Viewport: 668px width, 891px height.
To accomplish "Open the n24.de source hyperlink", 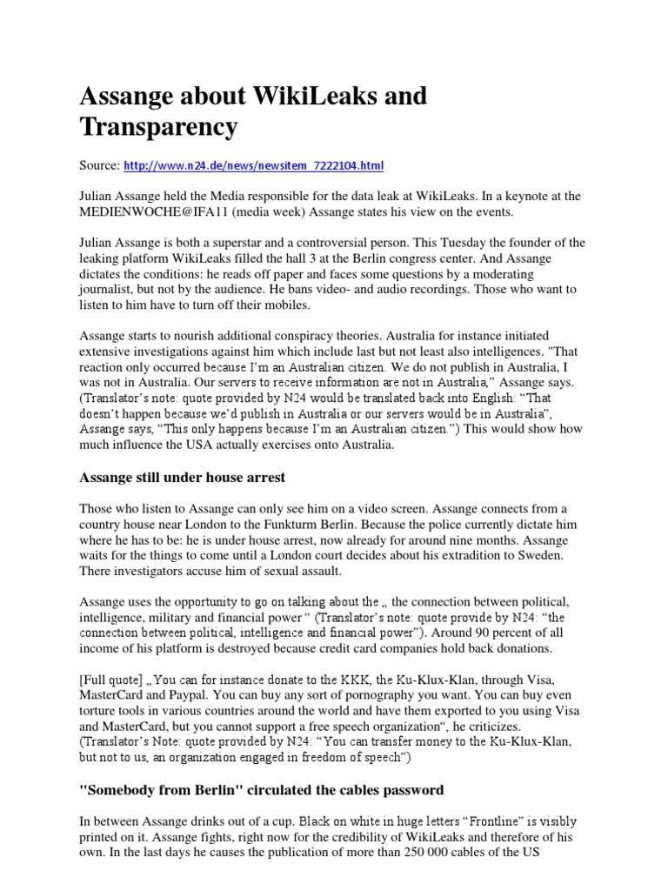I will [x=253, y=164].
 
